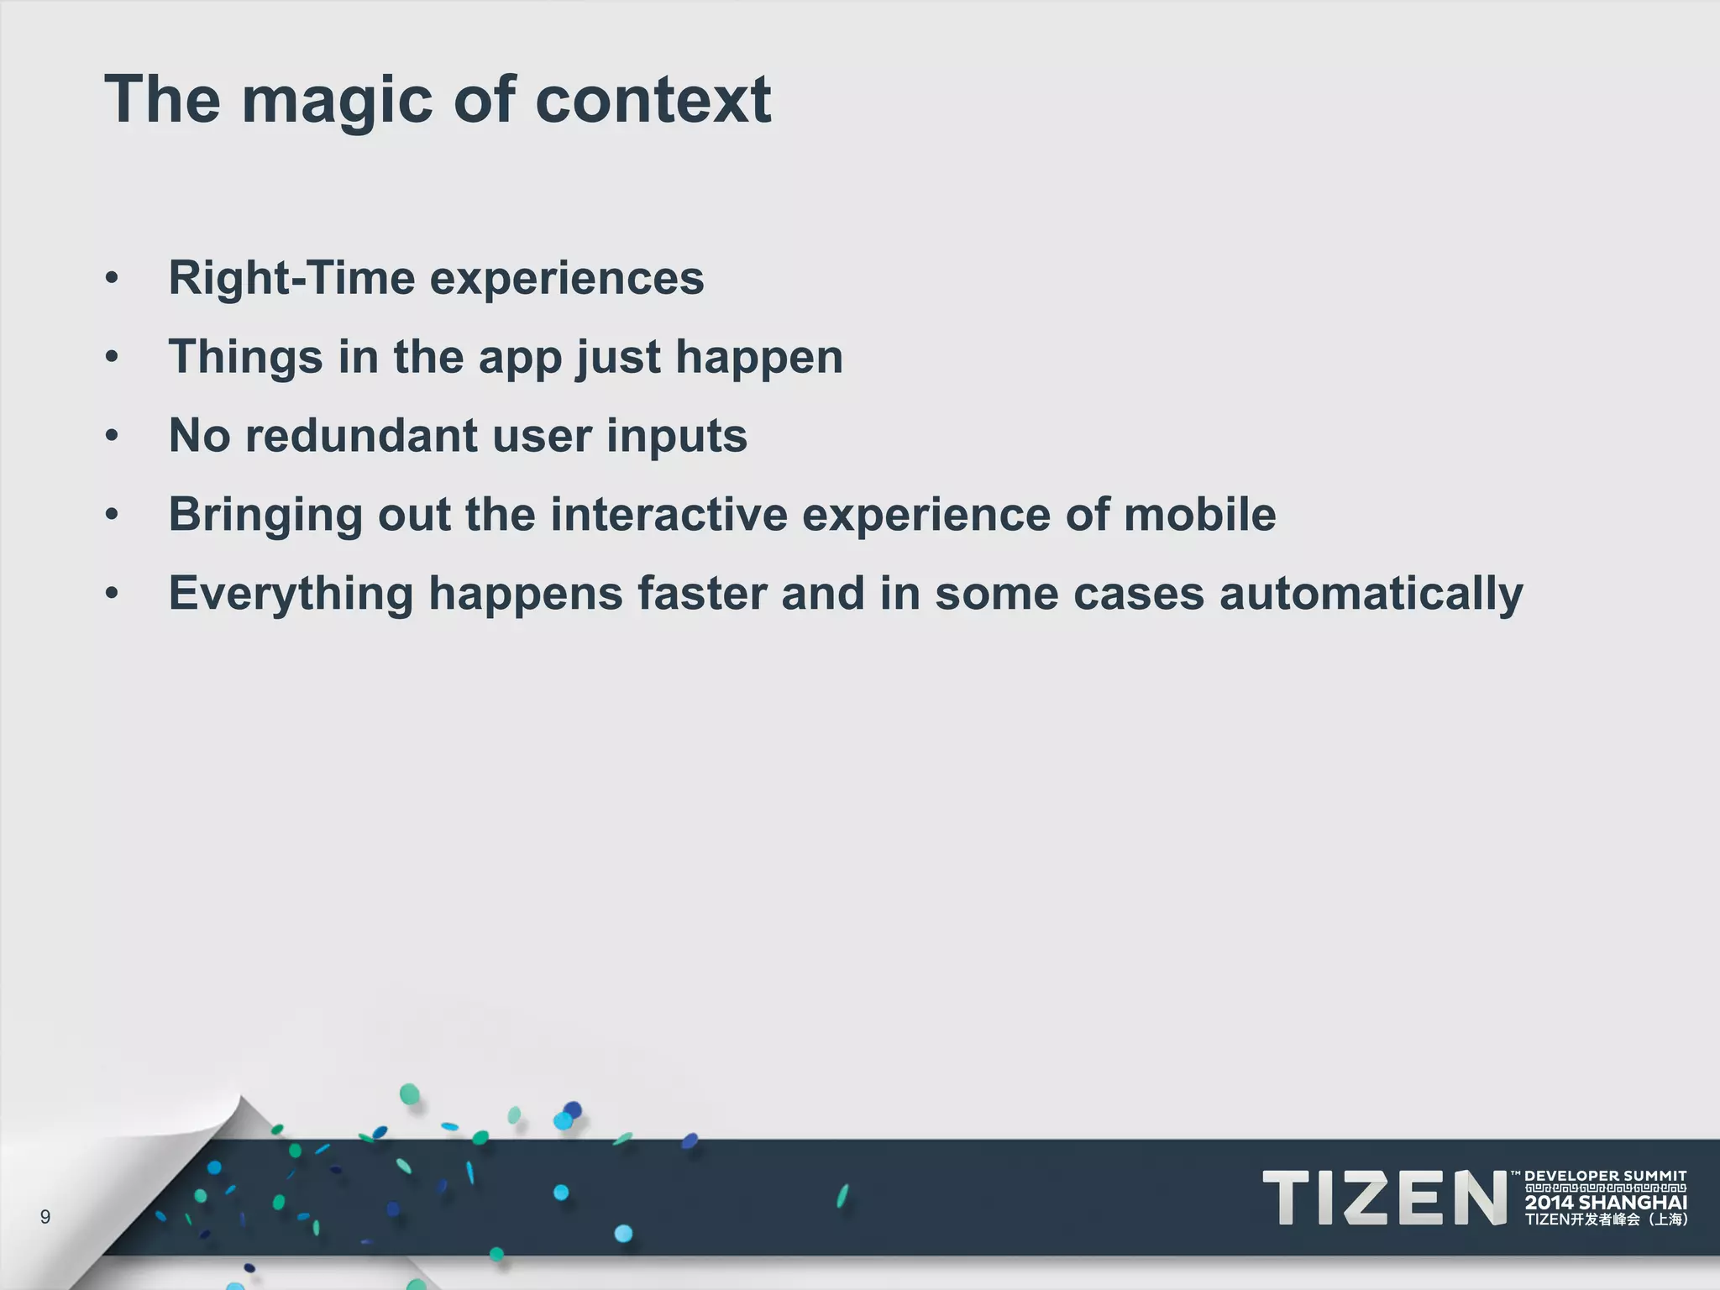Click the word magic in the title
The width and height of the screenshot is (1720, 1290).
tap(337, 101)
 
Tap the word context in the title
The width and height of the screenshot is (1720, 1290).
tap(653, 101)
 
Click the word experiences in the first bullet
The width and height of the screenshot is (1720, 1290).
tap(567, 278)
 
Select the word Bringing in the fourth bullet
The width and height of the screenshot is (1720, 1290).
tap(265, 515)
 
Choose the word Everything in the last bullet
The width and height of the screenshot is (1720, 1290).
tap(291, 594)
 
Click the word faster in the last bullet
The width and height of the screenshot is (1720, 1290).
tap(702, 593)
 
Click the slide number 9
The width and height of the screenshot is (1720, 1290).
tap(45, 1217)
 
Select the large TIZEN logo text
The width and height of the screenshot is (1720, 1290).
tap(1385, 1198)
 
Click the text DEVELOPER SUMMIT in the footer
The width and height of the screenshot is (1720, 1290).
tap(1605, 1176)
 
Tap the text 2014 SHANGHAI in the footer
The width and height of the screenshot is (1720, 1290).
tap(1605, 1203)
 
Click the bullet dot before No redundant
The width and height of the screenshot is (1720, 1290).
tap(112, 436)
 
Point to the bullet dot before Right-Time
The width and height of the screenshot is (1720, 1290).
tap(112, 279)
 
